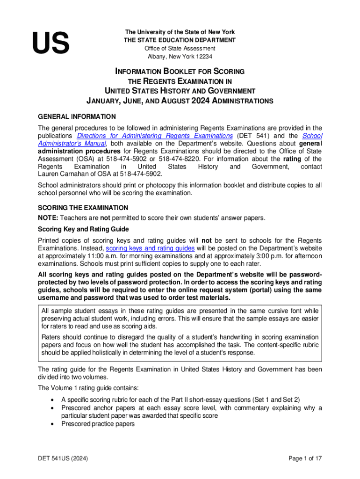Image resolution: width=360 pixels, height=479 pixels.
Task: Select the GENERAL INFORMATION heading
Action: pos(77,116)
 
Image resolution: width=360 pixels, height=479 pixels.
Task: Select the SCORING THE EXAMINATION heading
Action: pos(83,207)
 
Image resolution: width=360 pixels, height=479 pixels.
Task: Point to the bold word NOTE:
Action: pos(48,217)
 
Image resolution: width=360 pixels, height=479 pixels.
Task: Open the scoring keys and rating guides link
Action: pos(150,248)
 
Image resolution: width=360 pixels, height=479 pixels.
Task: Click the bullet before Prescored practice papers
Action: pos(51,424)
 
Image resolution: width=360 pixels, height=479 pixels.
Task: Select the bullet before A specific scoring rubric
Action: pos(51,399)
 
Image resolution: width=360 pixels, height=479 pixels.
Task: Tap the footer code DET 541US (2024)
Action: pos(64,458)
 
